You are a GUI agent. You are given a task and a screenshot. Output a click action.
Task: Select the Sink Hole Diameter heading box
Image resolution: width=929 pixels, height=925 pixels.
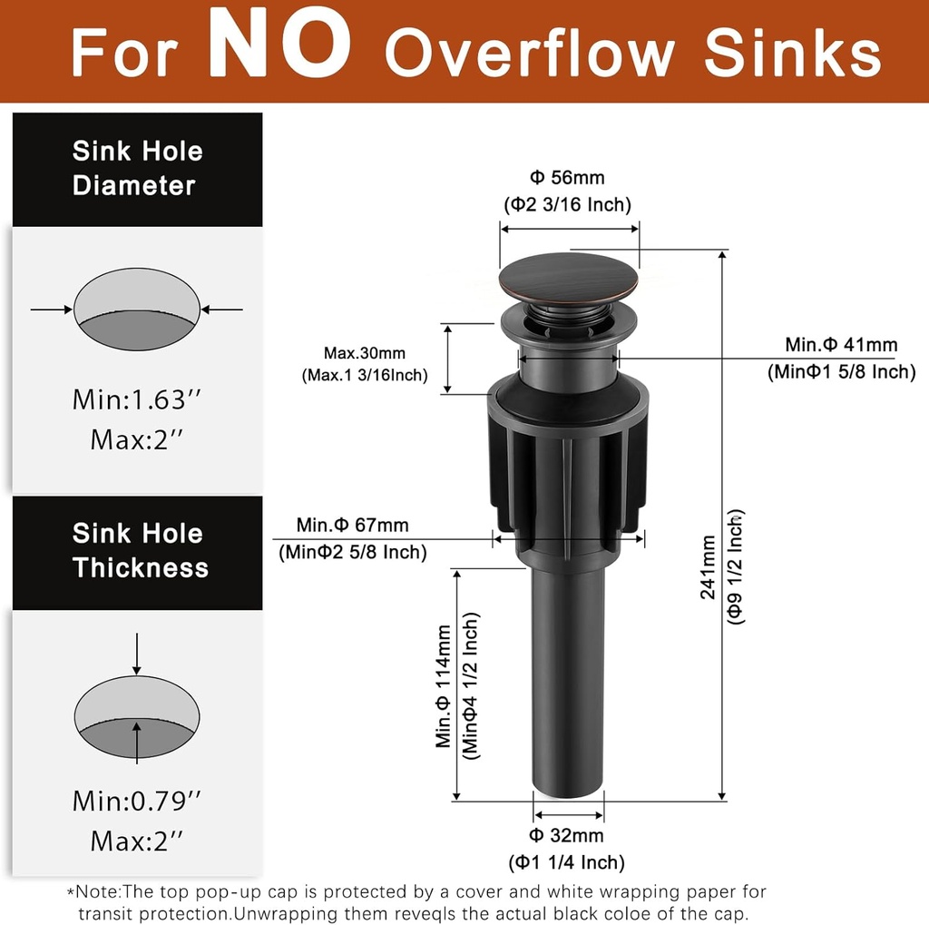click(137, 169)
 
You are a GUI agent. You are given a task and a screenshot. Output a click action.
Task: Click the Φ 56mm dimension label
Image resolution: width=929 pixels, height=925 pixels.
click(567, 178)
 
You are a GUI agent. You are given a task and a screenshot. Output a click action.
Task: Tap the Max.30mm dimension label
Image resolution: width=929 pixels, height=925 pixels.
click(365, 353)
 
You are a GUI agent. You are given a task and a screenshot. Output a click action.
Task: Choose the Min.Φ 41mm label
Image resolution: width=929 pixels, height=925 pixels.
click(841, 345)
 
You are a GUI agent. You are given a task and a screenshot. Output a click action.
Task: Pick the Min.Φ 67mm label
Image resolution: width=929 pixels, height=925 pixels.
click(352, 525)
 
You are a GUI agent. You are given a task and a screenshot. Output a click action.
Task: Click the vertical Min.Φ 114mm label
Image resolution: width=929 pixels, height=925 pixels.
click(444, 685)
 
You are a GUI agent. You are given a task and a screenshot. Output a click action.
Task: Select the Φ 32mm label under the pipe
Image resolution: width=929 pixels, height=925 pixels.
click(567, 835)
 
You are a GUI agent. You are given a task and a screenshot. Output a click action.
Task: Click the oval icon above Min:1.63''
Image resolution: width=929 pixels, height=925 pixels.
click(136, 309)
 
